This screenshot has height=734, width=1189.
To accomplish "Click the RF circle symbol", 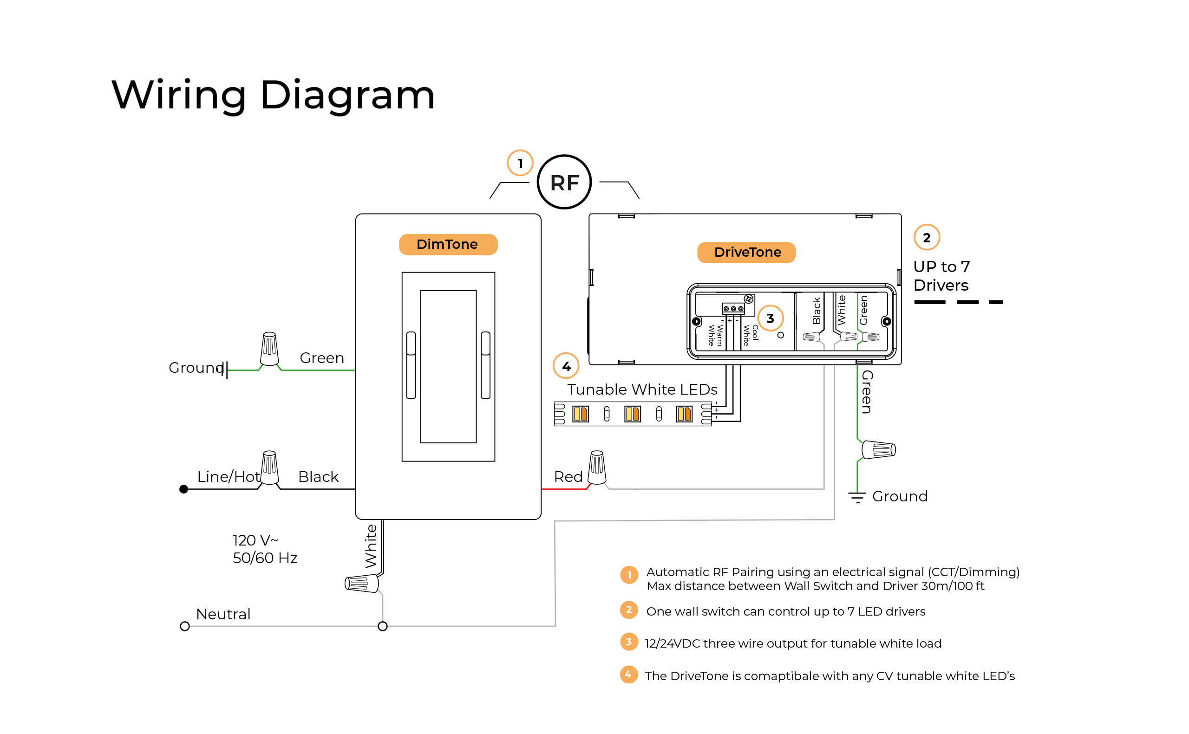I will click(564, 182).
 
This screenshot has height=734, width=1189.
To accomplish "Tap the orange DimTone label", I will click(448, 244).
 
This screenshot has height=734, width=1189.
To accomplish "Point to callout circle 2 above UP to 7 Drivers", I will click(926, 237).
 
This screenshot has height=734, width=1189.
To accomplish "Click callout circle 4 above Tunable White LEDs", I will click(566, 366).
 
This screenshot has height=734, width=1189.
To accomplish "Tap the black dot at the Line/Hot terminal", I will click(183, 489).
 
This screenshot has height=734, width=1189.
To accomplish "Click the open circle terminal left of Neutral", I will click(184, 626).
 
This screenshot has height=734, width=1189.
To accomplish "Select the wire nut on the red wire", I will click(597, 468).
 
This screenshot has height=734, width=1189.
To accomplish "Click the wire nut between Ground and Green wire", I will click(269, 349).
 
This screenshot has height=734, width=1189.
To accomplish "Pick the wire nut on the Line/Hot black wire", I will click(269, 468).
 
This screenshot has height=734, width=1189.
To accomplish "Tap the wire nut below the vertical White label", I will click(361, 583).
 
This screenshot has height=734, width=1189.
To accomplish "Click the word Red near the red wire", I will click(568, 477).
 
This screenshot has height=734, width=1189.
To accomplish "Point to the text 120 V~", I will click(255, 540).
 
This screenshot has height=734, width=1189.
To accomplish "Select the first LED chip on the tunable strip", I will click(580, 414).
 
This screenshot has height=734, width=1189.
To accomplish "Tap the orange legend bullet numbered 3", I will click(629, 642).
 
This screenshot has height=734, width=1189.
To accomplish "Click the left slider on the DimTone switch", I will click(411, 365).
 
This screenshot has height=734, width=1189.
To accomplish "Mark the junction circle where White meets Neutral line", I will click(383, 626).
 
